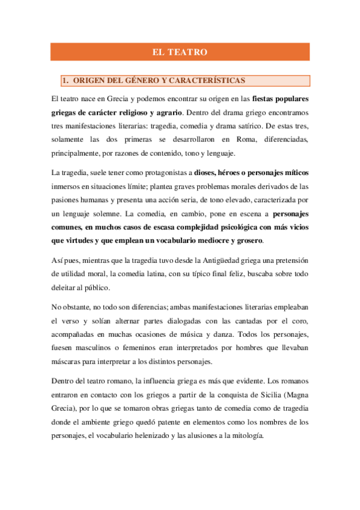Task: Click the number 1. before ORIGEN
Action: pos(66,81)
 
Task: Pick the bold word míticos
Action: pos(296,173)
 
